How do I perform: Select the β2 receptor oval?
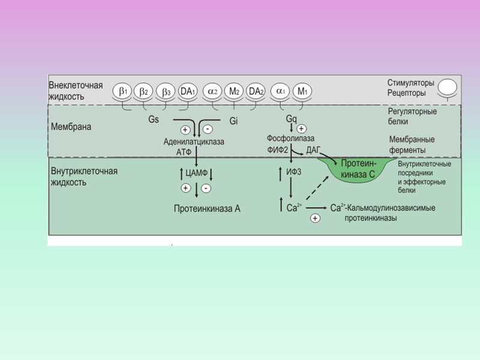[144, 92]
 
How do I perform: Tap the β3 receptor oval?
[166, 92]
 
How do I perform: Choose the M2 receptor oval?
[235, 92]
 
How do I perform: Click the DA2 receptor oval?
[256, 92]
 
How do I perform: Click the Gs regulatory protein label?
[154, 119]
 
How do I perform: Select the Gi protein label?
[233, 121]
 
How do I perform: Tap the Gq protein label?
[291, 119]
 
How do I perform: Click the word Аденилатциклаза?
[194, 142]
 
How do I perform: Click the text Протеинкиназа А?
[207, 209]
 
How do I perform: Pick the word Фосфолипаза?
[290, 139]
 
